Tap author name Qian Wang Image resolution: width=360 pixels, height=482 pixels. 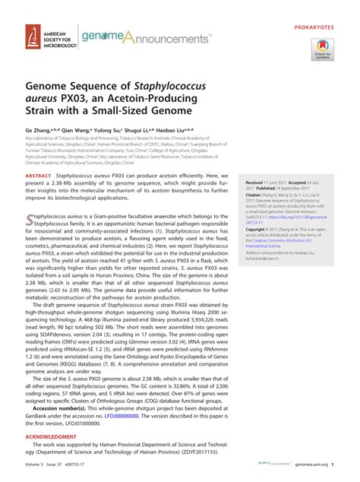coord(83,130)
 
